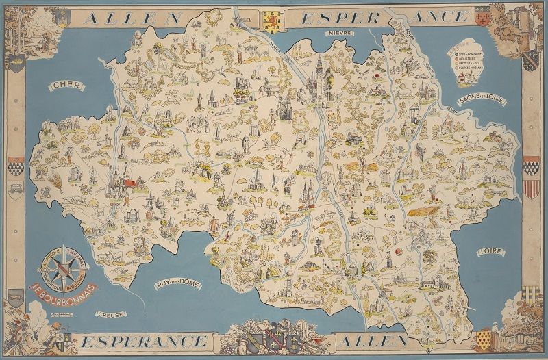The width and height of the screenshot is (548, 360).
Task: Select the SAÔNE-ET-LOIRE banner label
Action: click(x=482, y=101)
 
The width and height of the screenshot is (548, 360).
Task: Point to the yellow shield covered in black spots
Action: click(x=484, y=339)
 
